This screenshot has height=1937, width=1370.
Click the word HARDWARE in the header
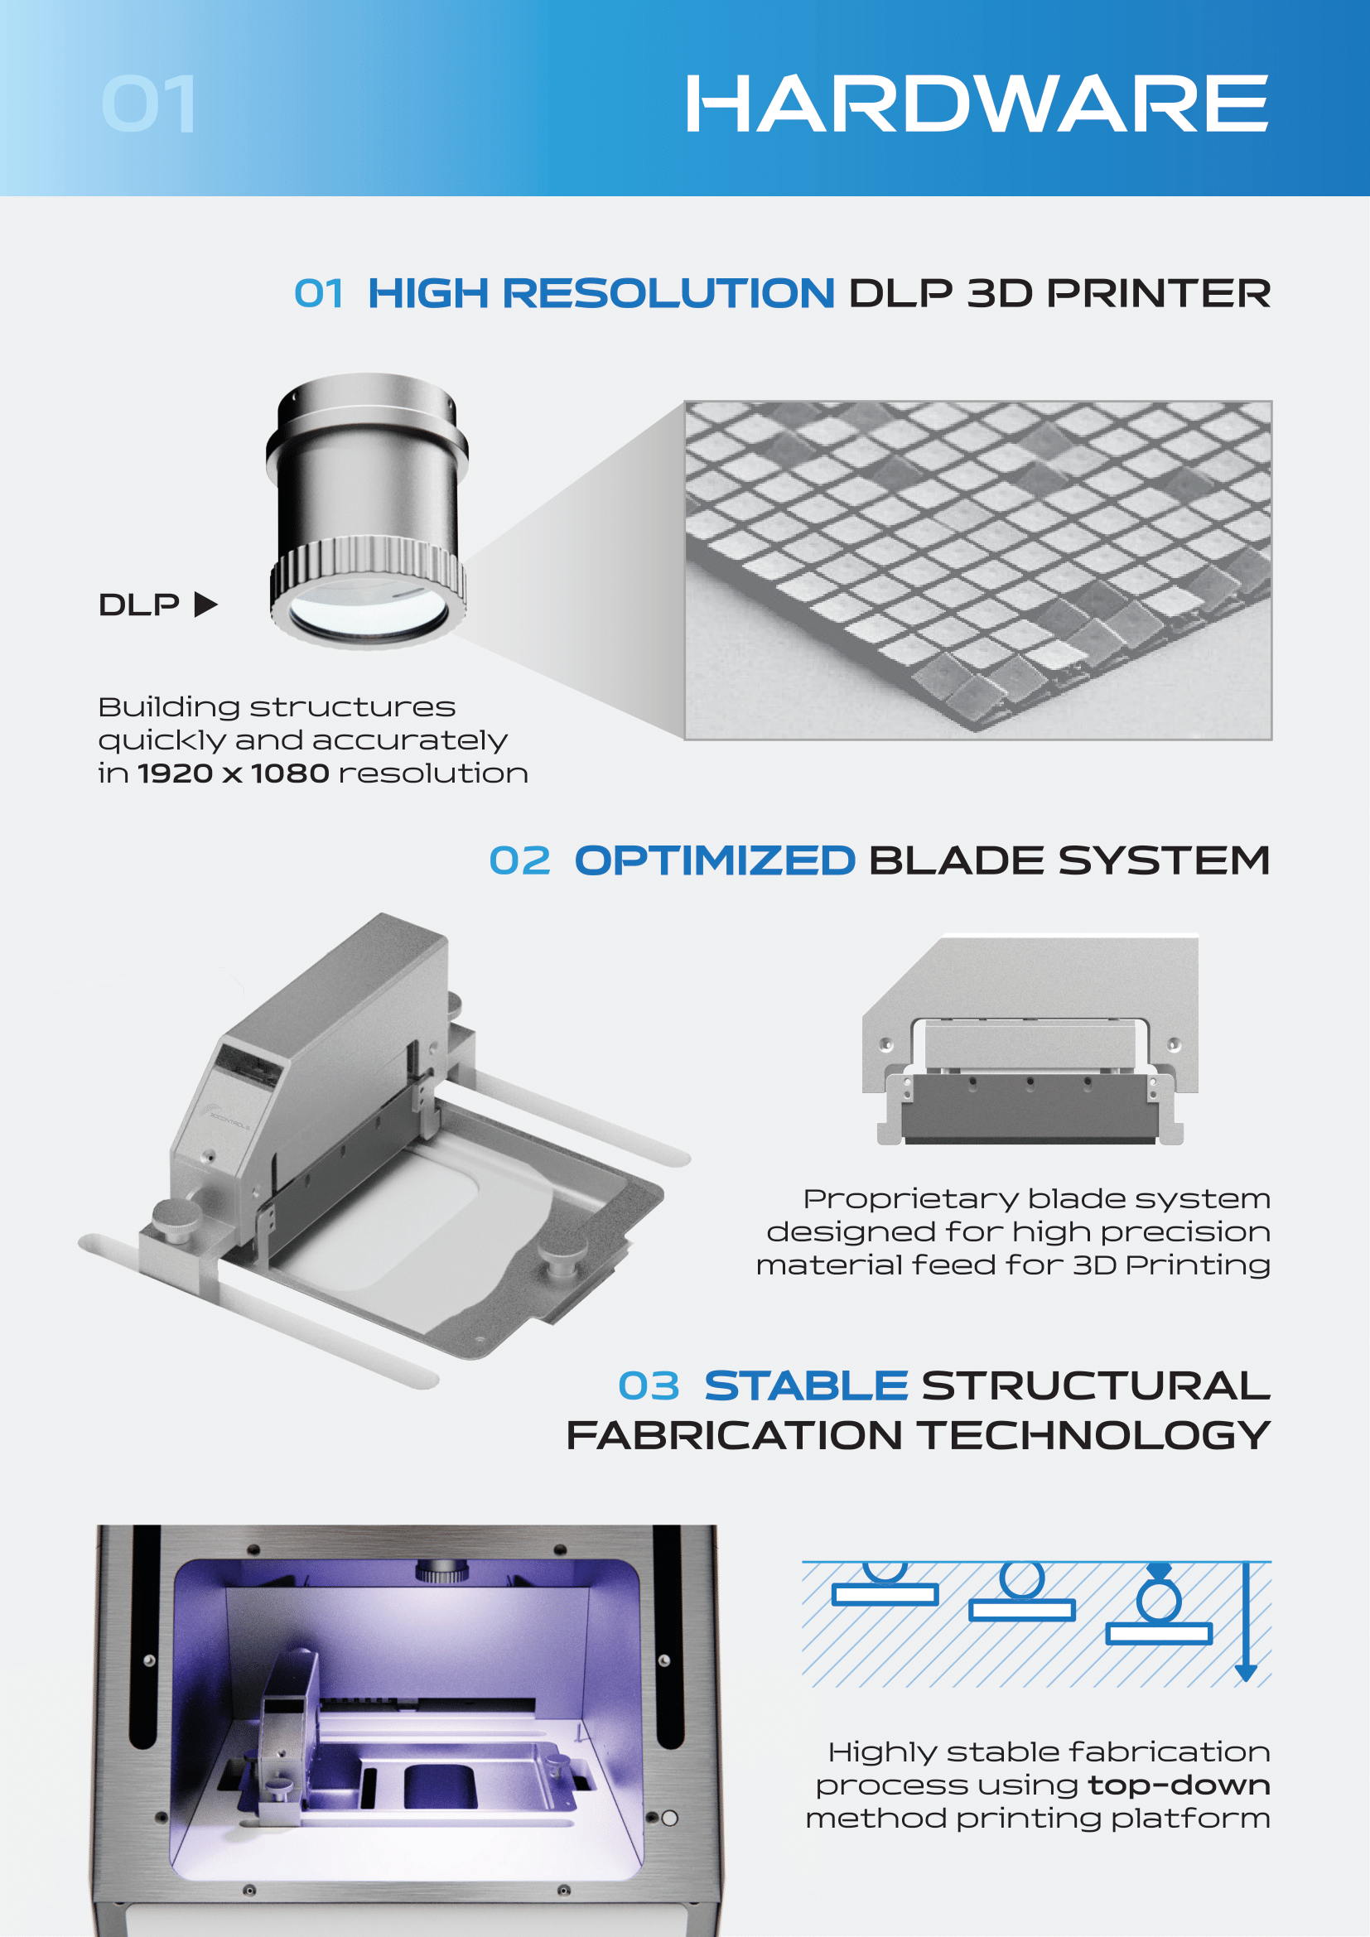pyautogui.click(x=976, y=104)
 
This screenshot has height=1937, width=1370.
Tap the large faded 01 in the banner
pyautogui.click(x=149, y=104)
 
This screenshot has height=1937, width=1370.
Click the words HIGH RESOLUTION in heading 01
pyautogui.click(x=601, y=294)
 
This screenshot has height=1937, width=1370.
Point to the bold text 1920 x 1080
pyautogui.click(x=233, y=773)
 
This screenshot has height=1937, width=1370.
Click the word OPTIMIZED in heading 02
pyautogui.click(x=715, y=860)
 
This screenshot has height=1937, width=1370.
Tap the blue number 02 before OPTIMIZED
pyautogui.click(x=519, y=861)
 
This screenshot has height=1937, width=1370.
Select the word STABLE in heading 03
pyautogui.click(x=806, y=1386)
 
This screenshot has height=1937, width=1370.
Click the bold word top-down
pyautogui.click(x=1179, y=1785)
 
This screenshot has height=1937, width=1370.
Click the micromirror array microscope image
pyautogui.click(x=977, y=571)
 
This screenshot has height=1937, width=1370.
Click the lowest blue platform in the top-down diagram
pyautogui.click(x=1158, y=1633)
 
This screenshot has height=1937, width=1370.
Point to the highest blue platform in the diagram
pyautogui.click(x=884, y=1593)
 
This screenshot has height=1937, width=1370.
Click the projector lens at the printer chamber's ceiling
pyautogui.click(x=442, y=1571)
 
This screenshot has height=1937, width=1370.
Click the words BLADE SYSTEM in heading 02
pyautogui.click(x=1069, y=860)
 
